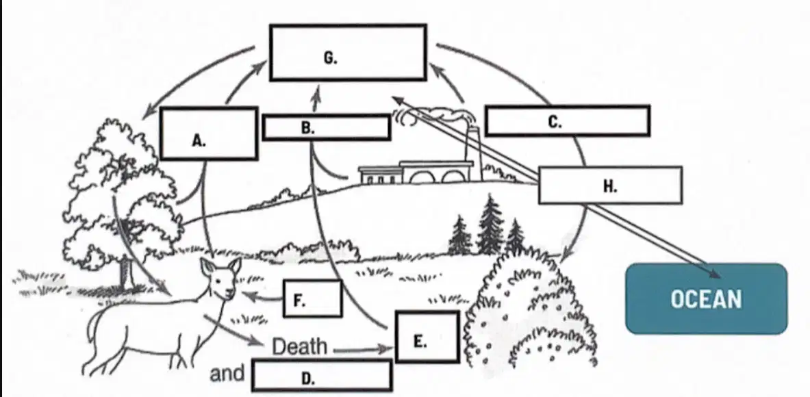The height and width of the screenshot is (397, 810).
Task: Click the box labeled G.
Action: coord(348,53)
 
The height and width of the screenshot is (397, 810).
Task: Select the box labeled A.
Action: coord(209,133)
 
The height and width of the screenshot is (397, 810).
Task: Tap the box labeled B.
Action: coord(327,127)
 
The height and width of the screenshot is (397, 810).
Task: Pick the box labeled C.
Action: coord(567,120)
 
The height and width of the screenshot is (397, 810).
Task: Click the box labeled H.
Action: coord(610,185)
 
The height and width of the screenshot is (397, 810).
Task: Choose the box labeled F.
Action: coord(312,298)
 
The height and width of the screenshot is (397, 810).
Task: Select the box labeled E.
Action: coord(427,337)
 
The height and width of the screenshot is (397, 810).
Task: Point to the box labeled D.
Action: coord(322,375)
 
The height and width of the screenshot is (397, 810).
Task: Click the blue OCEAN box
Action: coord(706,298)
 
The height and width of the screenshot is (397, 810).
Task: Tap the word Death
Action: coord(300,346)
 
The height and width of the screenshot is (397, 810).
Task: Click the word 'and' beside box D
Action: coord(227,373)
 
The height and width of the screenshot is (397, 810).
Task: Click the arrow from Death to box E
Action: coord(361,350)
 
